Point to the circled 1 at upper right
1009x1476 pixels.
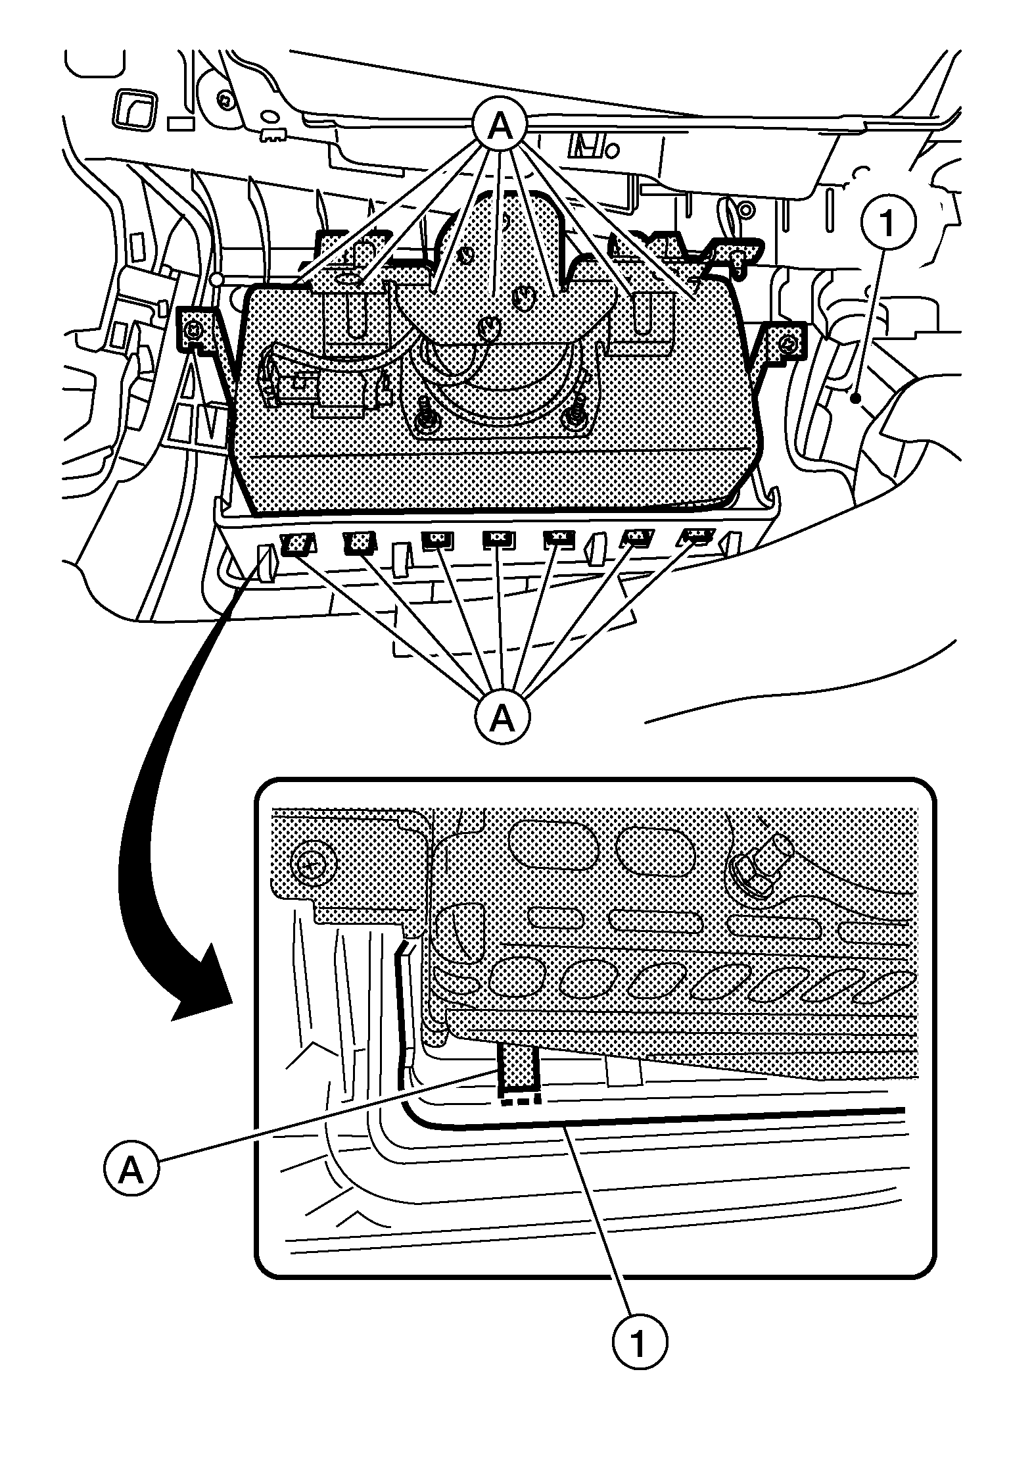886,224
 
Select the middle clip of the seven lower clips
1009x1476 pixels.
498,539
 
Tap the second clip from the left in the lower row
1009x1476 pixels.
359,543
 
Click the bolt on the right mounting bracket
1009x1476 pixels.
789,343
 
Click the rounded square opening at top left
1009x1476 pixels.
137,110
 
